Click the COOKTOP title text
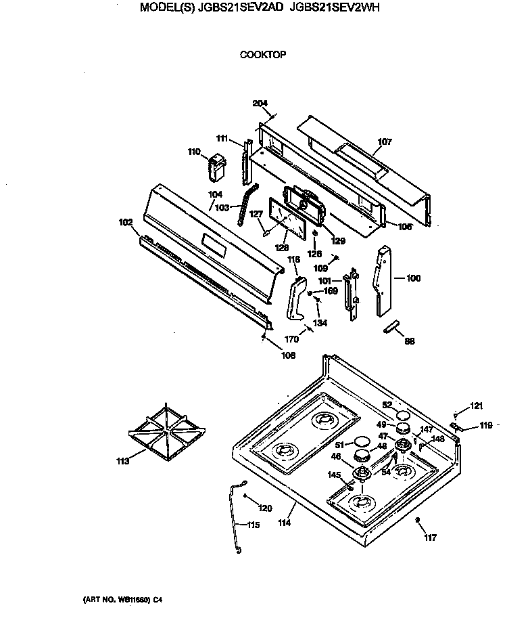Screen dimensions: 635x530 point(263,54)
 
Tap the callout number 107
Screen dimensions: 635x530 point(384,142)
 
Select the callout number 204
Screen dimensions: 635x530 point(260,104)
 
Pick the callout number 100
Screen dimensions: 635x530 point(413,278)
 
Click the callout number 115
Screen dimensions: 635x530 point(251,525)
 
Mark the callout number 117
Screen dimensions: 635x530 point(431,538)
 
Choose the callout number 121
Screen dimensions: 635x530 point(477,406)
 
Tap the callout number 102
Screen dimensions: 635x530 point(125,221)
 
